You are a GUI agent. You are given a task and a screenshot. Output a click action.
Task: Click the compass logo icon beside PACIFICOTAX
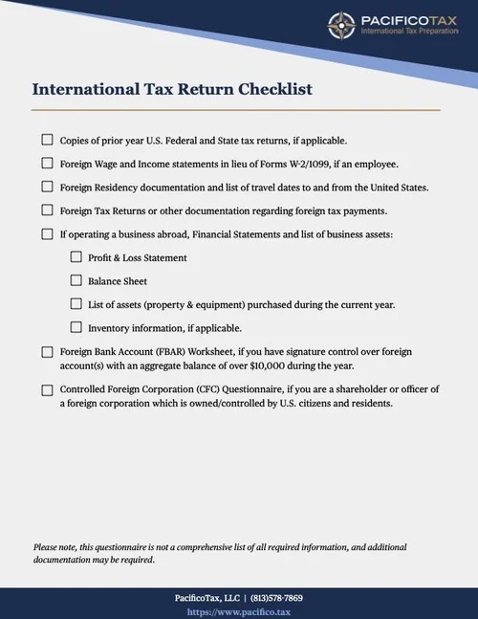click(341, 26)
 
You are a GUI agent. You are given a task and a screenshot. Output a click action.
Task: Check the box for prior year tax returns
click(47, 140)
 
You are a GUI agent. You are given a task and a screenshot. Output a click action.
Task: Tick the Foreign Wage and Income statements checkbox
click(47, 164)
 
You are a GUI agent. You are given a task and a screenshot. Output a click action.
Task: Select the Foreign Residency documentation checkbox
click(47, 187)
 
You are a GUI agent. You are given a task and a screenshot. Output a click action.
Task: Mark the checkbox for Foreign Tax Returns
click(47, 210)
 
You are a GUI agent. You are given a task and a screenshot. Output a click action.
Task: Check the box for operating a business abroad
click(47, 233)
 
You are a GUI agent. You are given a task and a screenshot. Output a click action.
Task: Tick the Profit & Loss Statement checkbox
click(76, 257)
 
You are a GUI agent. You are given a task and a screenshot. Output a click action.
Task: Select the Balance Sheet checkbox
click(76, 281)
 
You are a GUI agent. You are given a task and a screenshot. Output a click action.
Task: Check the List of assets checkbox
click(76, 304)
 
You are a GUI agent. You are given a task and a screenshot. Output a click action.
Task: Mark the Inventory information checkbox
click(76, 328)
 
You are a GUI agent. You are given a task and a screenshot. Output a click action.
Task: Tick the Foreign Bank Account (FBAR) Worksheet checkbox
click(47, 352)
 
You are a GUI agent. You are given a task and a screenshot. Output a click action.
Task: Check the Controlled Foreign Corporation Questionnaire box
click(47, 389)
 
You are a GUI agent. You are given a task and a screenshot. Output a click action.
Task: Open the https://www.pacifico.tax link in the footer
click(238, 610)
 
